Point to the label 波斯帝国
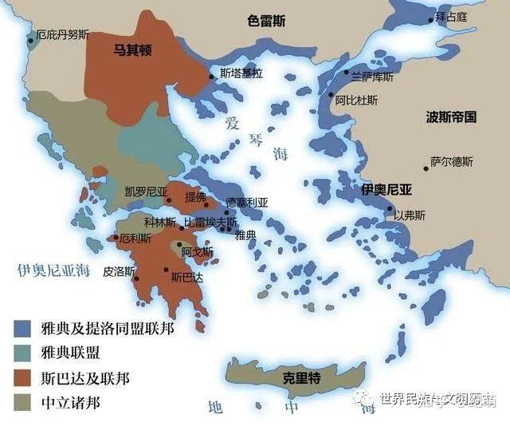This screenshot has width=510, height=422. (x=452, y=116)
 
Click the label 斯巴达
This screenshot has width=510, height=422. (x=187, y=277)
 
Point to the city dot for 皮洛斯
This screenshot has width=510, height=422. (x=137, y=278)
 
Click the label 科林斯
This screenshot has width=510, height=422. (x=160, y=221)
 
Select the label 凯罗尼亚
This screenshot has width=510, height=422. (x=146, y=191)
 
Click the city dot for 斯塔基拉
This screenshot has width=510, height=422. (x=212, y=76)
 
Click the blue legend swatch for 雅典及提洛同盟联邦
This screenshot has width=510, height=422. (x=22, y=329)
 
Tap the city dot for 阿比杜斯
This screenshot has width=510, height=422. (x=331, y=94)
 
